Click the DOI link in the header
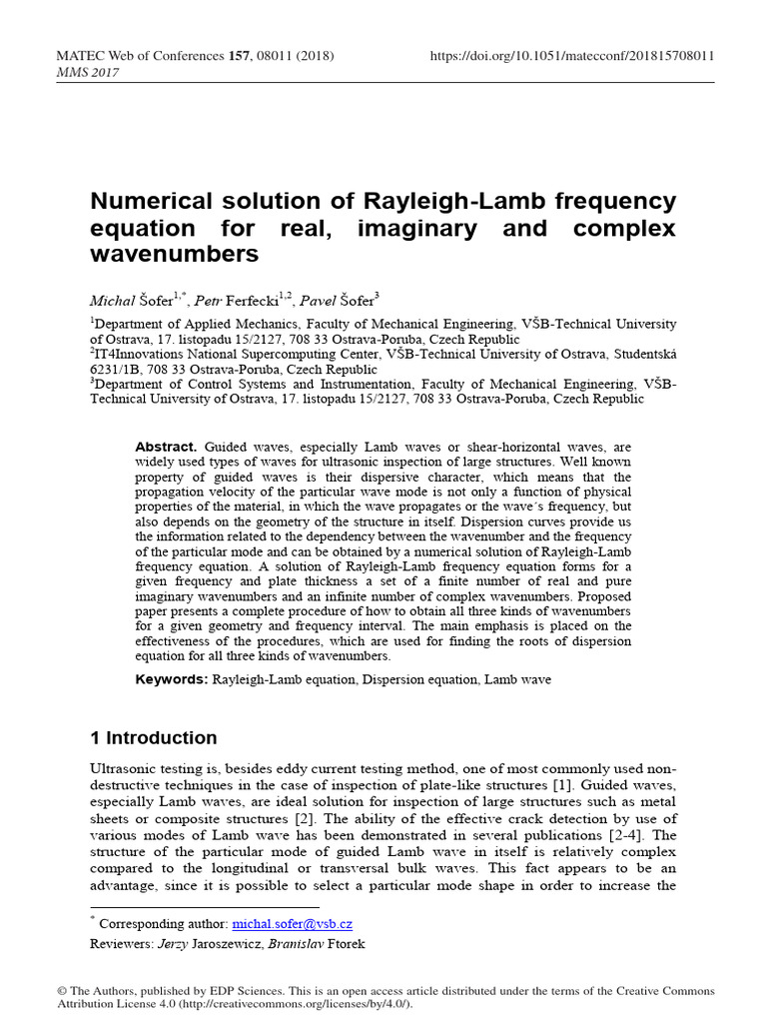coord(571,56)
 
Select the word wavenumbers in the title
coord(174,255)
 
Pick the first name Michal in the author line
coord(112,299)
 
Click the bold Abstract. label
coord(167,447)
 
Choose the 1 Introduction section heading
coord(153,738)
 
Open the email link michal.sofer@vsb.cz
coord(292,925)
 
